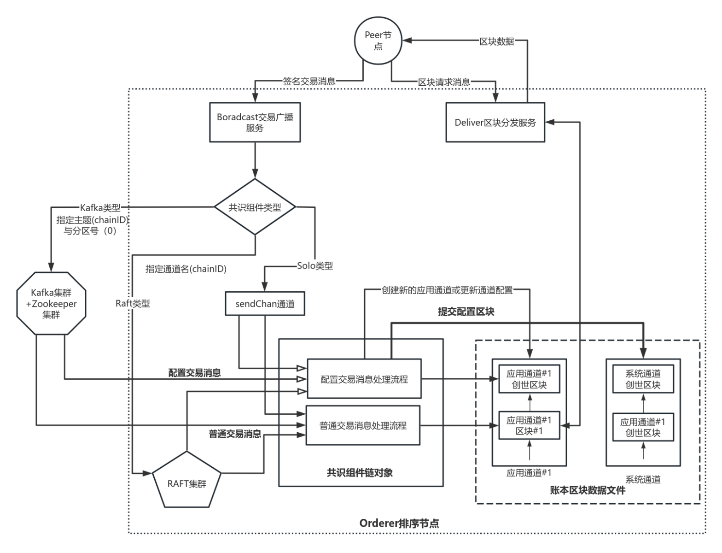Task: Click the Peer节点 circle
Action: click(378, 41)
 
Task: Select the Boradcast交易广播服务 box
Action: click(255, 123)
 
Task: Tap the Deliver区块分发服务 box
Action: click(495, 123)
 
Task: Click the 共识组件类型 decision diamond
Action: click(255, 207)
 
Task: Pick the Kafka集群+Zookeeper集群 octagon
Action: click(51, 304)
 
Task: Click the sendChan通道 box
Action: click(265, 304)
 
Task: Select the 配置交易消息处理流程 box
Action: click(364, 379)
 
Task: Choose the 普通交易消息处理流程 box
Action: click(363, 425)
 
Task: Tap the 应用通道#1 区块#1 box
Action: click(529, 426)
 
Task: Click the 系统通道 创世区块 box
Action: click(643, 379)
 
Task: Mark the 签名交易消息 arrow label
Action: click(309, 82)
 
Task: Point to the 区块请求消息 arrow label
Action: click(444, 82)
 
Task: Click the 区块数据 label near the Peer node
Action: click(497, 41)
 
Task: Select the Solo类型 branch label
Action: click(315, 266)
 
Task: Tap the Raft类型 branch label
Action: click(133, 304)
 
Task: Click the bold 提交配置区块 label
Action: click(466, 312)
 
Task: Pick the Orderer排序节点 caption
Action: click(399, 523)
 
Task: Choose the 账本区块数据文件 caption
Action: click(588, 490)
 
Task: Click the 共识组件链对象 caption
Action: click(360, 472)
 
